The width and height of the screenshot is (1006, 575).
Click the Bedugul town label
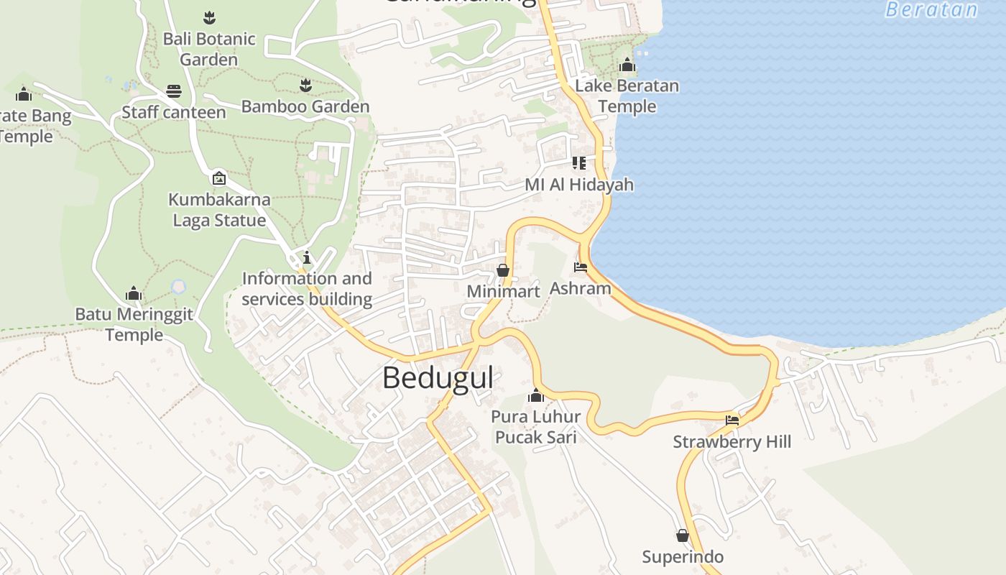438,377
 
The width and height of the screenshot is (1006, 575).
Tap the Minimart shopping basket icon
503,270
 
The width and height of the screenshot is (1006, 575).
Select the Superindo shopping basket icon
683,535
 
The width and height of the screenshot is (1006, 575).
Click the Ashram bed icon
581,267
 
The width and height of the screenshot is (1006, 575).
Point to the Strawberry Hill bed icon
732,420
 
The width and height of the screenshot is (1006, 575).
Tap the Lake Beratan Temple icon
627,65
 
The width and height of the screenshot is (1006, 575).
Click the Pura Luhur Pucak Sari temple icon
535,395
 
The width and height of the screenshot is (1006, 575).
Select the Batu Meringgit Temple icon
134,293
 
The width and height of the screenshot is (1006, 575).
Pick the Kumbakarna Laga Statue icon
219,178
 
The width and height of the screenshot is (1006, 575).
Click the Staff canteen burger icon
174,91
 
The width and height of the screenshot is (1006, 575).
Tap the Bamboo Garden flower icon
306,86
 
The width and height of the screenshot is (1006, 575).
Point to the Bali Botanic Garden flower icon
209,17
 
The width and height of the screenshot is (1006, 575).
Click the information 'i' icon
307,257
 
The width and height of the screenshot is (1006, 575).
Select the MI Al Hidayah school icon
579,163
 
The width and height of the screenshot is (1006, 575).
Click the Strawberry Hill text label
732,441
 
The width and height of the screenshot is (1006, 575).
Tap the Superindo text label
683,557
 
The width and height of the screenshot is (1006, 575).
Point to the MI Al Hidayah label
579,185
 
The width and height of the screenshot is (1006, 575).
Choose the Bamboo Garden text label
305,107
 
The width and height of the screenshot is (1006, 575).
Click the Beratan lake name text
931,9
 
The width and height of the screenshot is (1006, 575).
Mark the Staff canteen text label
173,112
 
